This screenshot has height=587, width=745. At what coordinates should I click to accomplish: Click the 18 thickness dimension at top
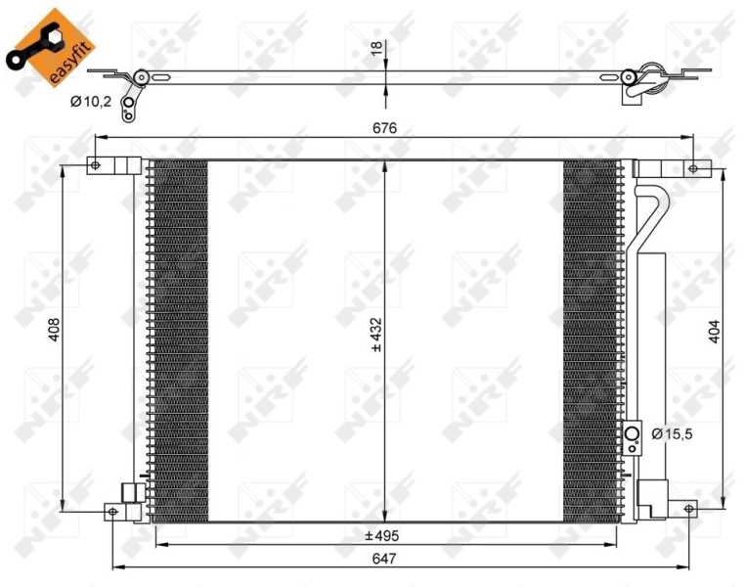coord(376,48)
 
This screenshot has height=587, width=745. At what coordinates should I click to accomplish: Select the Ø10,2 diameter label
coord(91,101)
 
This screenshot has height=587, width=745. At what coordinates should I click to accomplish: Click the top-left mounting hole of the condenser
coord(95,165)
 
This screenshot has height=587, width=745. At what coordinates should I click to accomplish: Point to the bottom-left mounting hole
coord(113,511)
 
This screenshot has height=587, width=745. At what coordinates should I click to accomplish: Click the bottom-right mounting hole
coord(688,510)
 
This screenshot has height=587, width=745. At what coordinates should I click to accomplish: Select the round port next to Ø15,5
coord(633,434)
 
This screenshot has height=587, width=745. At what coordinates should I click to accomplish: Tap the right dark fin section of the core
coord(591,338)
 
